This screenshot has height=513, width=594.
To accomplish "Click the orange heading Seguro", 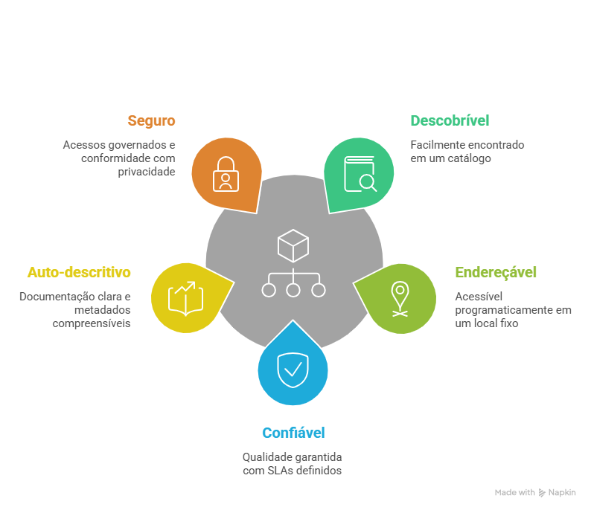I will tap(151, 120).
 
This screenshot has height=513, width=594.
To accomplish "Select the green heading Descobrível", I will tap(450, 120).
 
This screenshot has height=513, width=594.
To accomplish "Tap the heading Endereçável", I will tap(496, 272).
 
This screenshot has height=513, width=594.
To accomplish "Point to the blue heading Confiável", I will tap(293, 433).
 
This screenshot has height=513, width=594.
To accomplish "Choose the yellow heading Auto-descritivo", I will tap(79, 272).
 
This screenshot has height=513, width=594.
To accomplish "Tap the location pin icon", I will tap(400, 299).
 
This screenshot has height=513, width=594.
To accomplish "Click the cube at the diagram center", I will tap(293, 245).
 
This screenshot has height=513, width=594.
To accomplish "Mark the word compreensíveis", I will tap(92, 323).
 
